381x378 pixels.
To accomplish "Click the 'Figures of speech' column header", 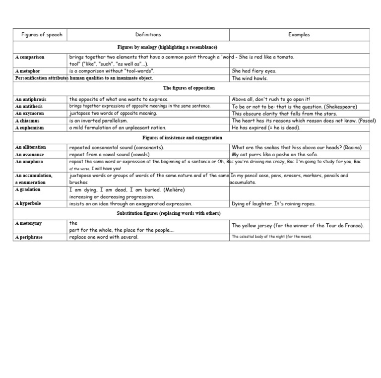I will pos(42,35).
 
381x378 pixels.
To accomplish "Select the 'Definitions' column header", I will pos(148,35).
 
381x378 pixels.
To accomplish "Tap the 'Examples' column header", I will pos(299,35).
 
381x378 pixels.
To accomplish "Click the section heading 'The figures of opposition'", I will pos(189,88).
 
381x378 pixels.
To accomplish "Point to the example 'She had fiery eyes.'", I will pos(254,71).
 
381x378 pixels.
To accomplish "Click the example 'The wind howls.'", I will pos(250,78).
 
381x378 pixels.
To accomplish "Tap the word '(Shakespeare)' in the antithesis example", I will pos(340,107).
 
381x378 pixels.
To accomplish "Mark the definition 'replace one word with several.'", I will pos(104,237).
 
